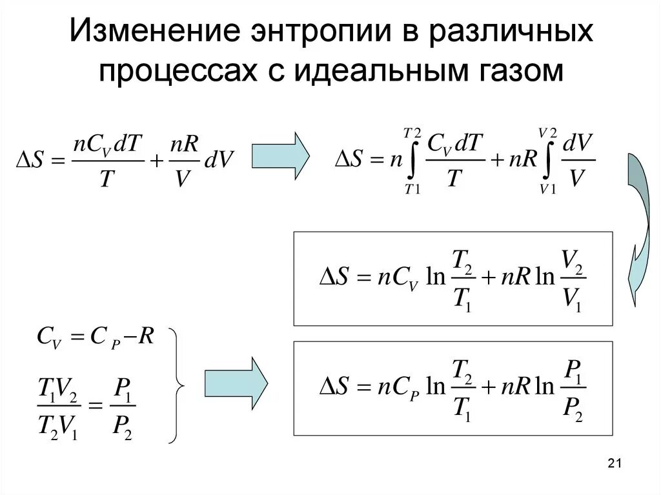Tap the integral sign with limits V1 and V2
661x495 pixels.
(x=547, y=161)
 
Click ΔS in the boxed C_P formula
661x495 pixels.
(x=335, y=387)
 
